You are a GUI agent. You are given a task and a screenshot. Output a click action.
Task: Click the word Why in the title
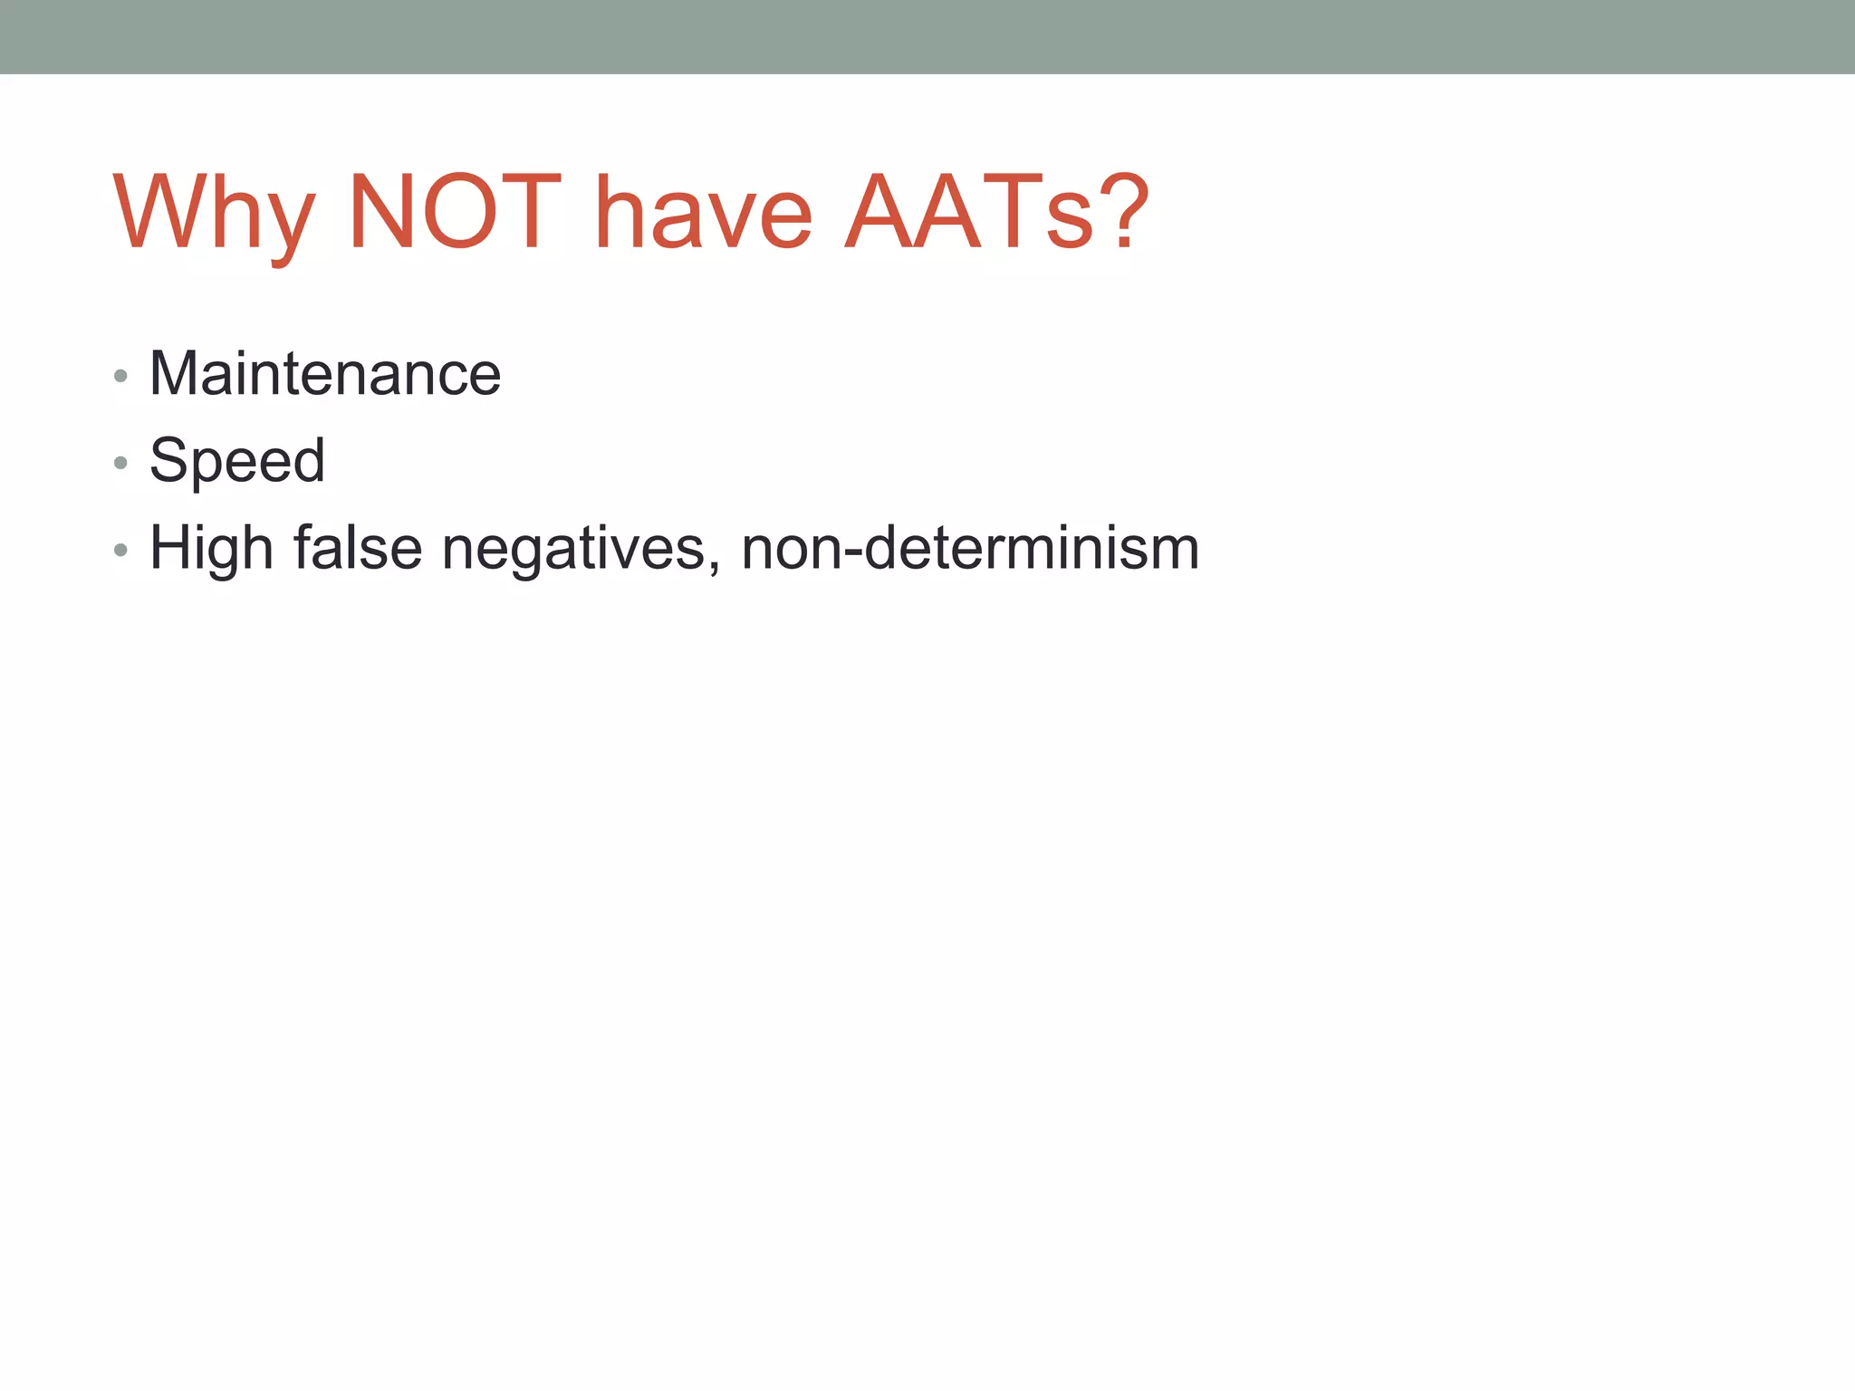click(x=214, y=213)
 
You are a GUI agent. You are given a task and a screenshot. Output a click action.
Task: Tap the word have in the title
click(x=703, y=213)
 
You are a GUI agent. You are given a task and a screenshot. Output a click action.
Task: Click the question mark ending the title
click(x=1125, y=211)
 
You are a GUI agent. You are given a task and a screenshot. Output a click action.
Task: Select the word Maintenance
click(x=324, y=373)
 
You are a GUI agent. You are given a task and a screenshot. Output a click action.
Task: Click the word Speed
click(x=236, y=460)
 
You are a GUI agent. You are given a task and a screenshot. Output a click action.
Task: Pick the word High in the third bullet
click(x=211, y=549)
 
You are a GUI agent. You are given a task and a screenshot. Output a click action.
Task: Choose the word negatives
click(x=572, y=549)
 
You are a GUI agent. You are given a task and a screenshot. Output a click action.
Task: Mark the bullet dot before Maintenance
click(x=120, y=376)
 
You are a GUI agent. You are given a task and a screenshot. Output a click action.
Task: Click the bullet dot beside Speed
click(x=120, y=464)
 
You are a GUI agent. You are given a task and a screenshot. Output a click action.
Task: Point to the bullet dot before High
click(x=120, y=551)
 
